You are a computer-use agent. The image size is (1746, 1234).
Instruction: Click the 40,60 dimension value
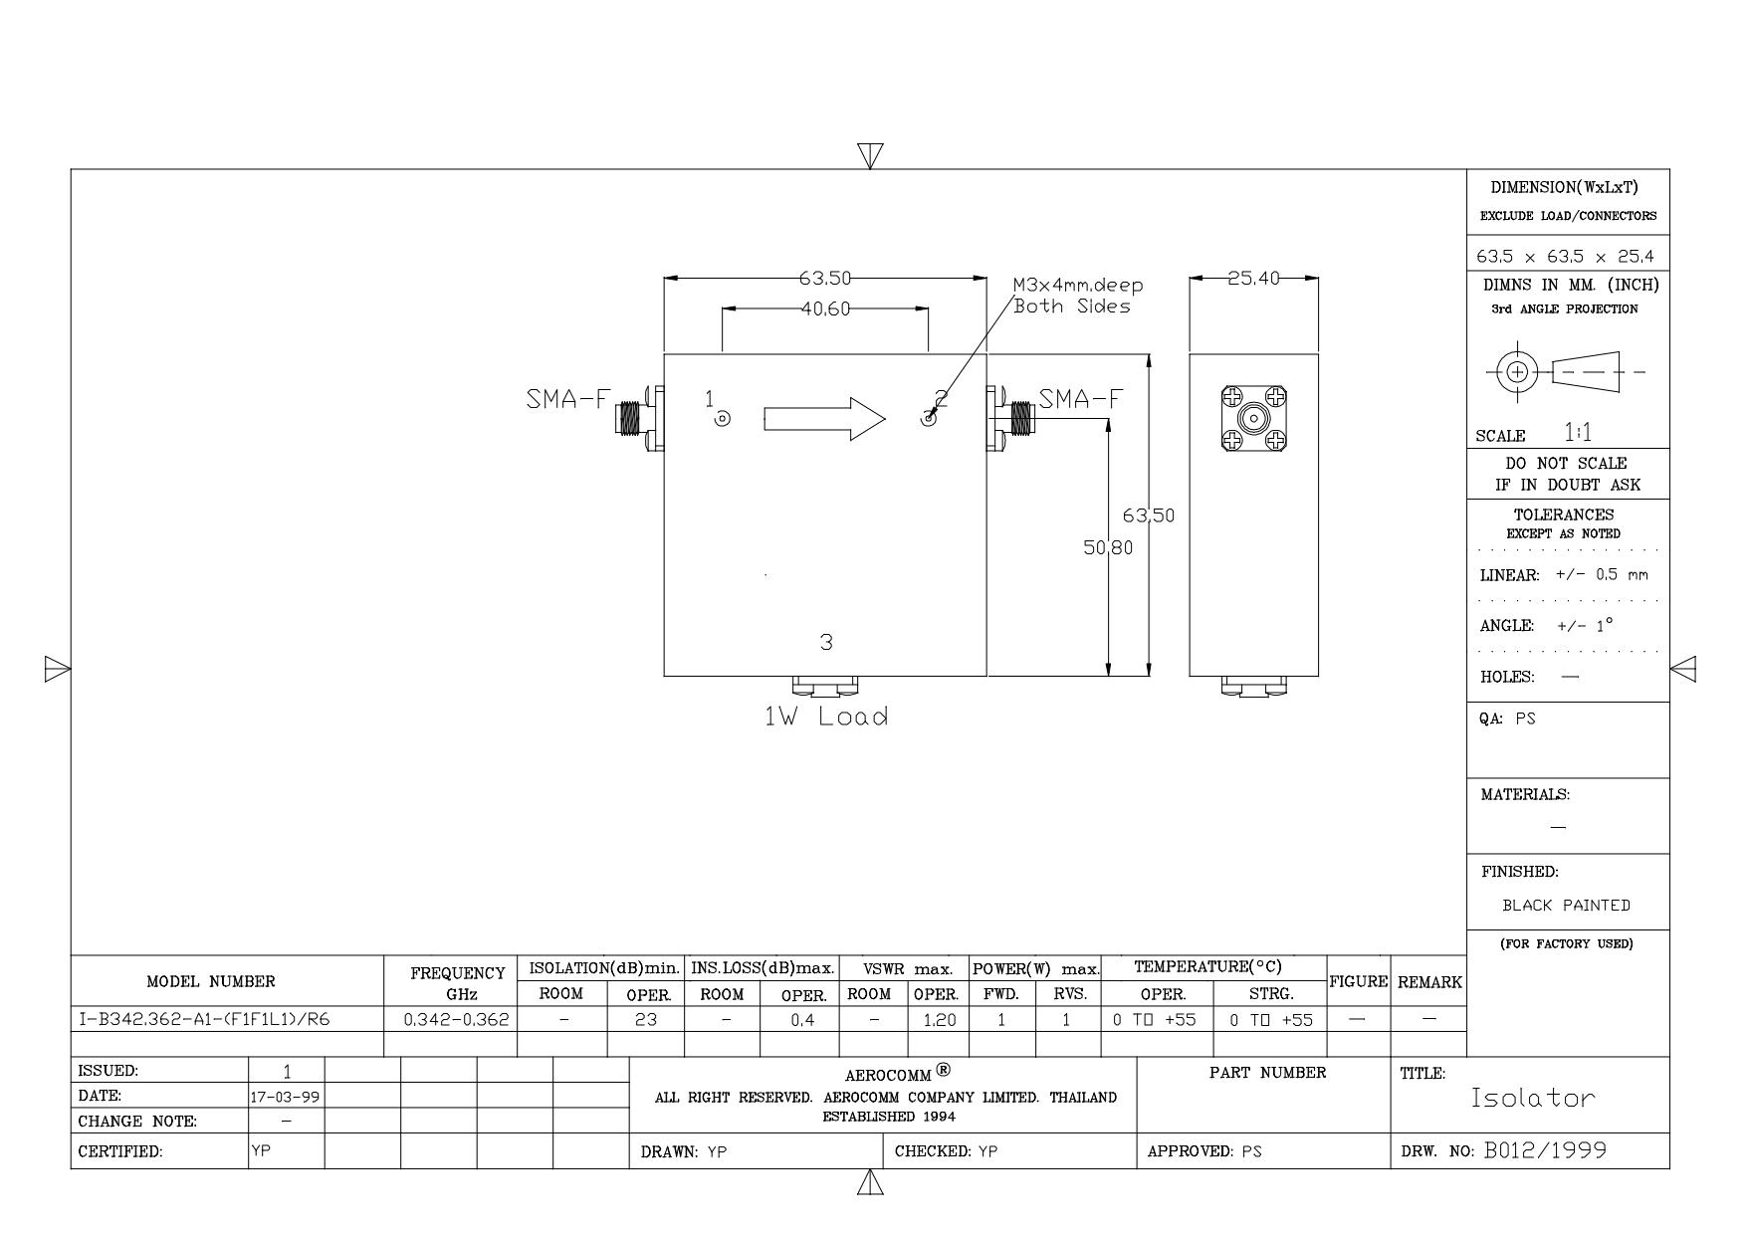825,309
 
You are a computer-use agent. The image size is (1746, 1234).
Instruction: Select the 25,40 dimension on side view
1252,279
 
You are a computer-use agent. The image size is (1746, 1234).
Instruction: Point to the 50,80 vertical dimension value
1108,547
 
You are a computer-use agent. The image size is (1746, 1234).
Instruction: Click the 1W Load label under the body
825,717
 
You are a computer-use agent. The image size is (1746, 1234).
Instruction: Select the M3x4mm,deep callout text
1078,286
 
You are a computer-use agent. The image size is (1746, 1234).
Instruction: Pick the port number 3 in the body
825,643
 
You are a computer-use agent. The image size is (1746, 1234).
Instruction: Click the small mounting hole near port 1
723,419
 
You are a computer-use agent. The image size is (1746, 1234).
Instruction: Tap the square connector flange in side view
1253,419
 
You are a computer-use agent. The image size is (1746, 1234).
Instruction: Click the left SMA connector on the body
635,419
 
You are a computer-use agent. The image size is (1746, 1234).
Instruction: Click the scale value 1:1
1578,433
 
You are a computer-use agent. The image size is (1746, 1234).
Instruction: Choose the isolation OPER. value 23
646,1020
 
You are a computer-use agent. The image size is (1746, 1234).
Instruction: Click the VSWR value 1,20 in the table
939,1020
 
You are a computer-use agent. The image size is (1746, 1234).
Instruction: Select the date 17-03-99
286,1097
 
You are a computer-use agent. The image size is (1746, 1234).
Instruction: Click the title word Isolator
1533,1099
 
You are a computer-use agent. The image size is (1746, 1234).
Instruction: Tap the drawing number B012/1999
1545,1151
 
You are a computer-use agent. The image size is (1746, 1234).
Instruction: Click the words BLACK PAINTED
1566,906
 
